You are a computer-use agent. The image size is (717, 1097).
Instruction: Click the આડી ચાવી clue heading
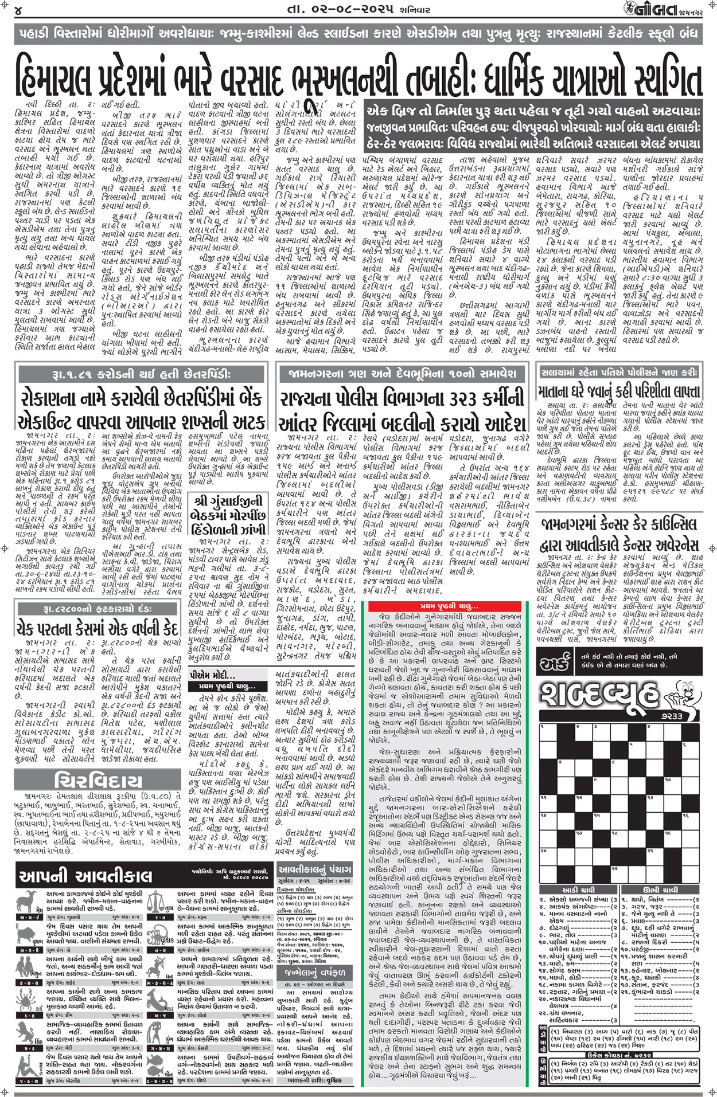[578, 889]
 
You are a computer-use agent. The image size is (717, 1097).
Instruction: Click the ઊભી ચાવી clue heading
[660, 889]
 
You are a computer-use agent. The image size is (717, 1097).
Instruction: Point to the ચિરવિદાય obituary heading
[98, 781]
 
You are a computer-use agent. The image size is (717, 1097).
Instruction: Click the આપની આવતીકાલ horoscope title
[85, 876]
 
